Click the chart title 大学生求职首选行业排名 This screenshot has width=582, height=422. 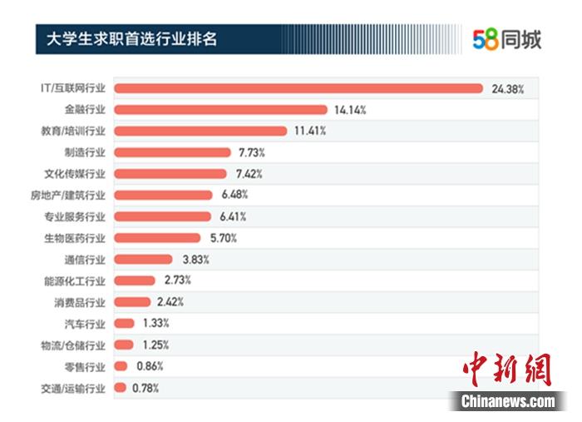[x=131, y=38]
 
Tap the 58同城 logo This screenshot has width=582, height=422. [x=506, y=39]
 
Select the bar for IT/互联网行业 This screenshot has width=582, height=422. [x=298, y=88]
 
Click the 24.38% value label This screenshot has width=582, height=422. [x=508, y=88]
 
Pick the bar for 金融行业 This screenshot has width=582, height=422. [x=219, y=110]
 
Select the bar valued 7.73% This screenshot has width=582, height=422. [x=171, y=152]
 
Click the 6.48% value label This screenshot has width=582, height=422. [x=234, y=195]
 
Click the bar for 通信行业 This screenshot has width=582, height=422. [x=142, y=259]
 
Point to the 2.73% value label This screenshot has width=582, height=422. [x=178, y=281]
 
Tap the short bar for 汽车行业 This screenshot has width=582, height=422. [x=124, y=323]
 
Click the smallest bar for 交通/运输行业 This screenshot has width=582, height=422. [x=120, y=387]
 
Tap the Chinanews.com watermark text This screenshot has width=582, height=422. [x=508, y=401]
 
